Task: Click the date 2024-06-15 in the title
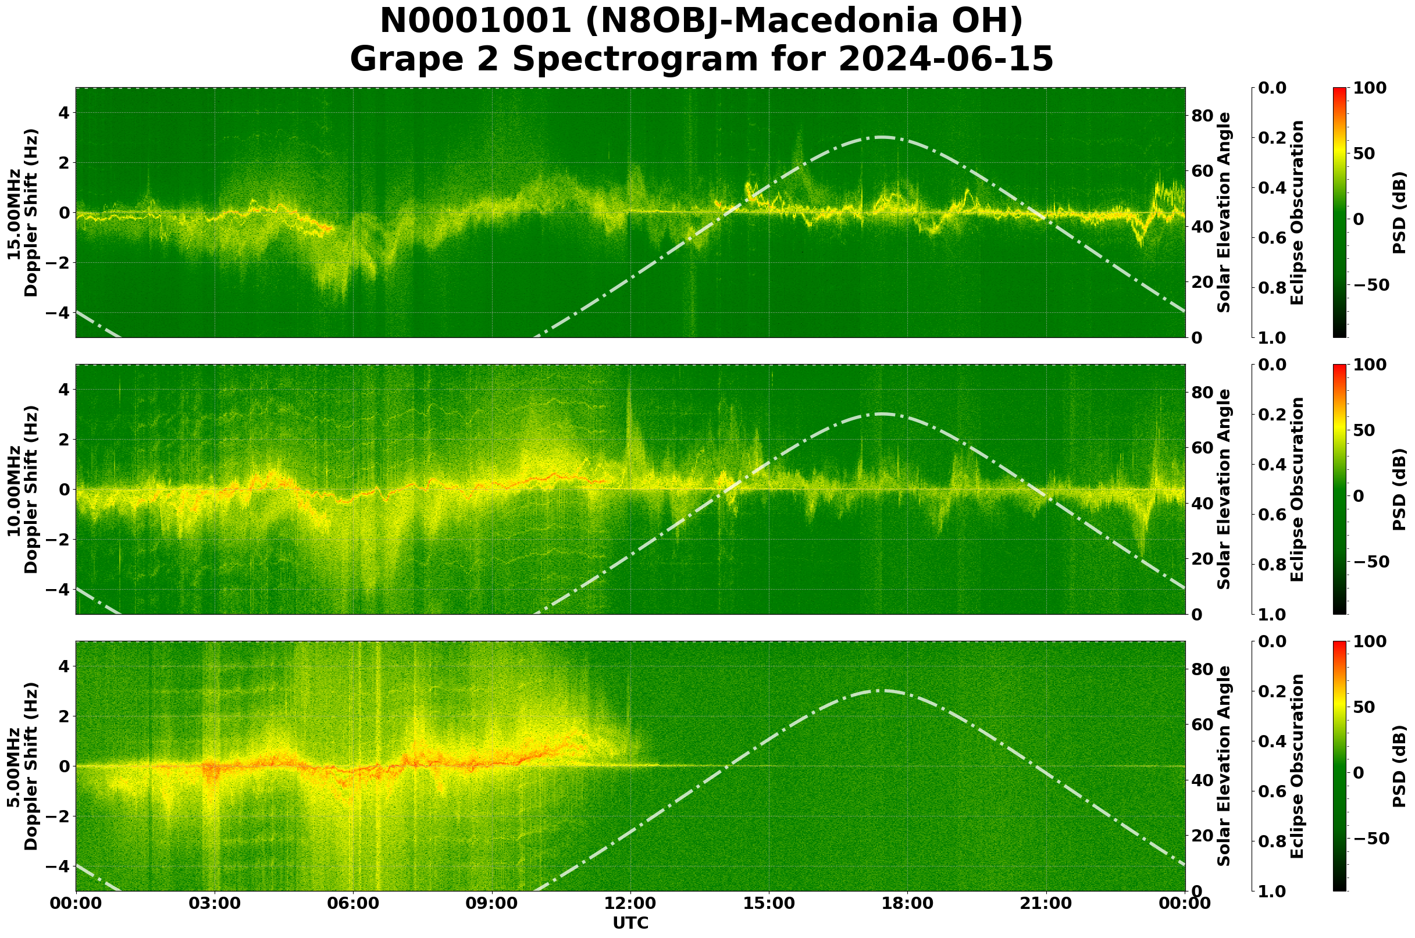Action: point(945,59)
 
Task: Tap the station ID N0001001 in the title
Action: point(476,22)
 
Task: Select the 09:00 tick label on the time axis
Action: point(492,903)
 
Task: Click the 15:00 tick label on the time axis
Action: point(769,903)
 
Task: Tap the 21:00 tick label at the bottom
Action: point(1046,903)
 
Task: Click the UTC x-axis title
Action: point(630,923)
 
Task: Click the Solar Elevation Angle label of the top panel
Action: point(1224,213)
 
